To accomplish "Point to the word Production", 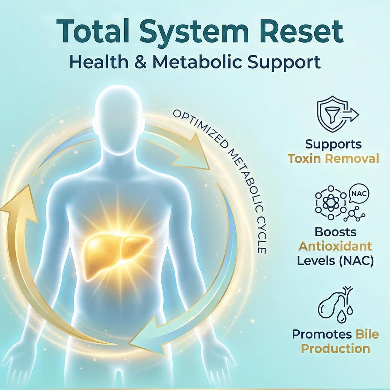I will (335, 349).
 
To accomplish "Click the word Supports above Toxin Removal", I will (333, 144).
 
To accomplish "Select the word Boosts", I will (335, 232).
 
